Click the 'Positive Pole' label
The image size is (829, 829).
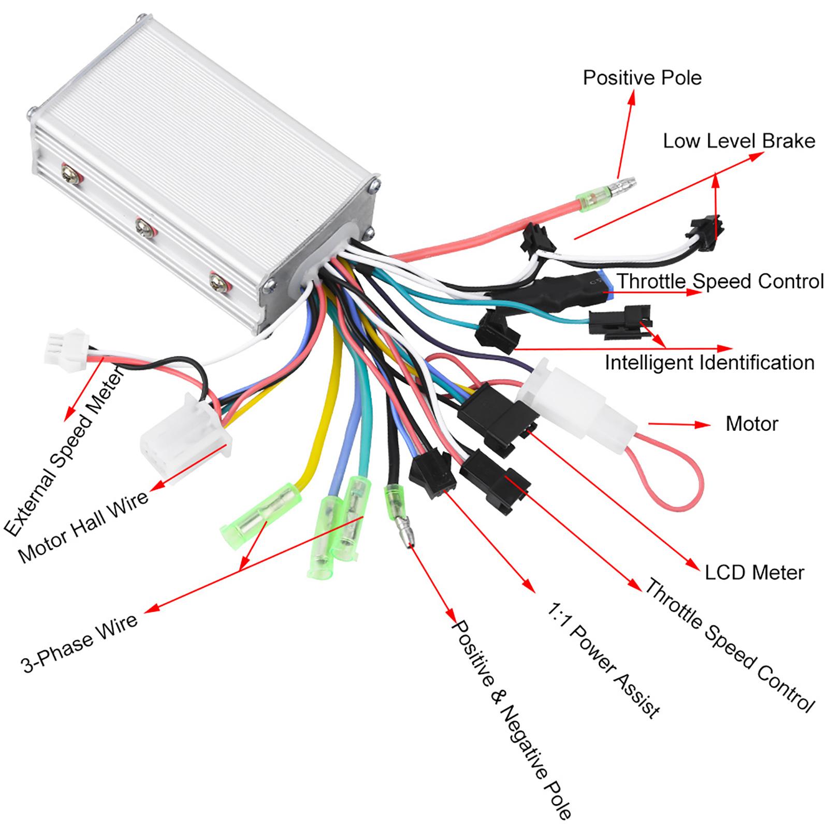point(642,78)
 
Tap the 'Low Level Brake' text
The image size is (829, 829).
point(739,141)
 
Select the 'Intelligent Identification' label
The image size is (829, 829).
point(709,362)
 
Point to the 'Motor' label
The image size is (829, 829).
point(752,424)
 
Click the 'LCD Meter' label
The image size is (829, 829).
point(754,572)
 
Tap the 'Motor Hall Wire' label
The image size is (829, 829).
point(83,526)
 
